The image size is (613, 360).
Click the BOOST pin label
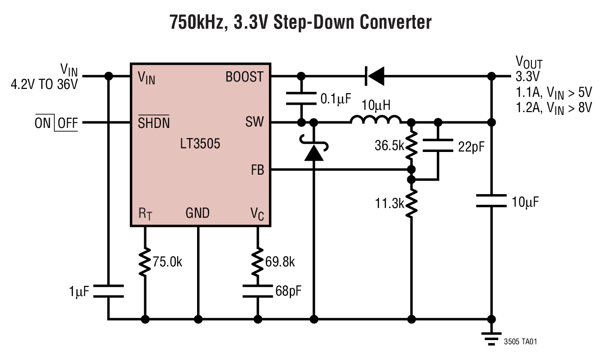coord(244,77)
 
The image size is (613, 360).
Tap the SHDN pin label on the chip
coord(153,123)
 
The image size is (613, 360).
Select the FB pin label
coord(257,170)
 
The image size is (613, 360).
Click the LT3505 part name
coord(200,144)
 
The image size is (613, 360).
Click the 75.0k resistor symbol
coord(145,262)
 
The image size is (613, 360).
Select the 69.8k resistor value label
coord(280,262)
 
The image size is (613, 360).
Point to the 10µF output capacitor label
coord(526,202)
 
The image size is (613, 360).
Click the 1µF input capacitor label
coord(77,291)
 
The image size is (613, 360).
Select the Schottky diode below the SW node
coord(314,151)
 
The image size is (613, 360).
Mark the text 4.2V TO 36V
coord(44,85)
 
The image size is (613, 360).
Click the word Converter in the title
coord(389,22)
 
